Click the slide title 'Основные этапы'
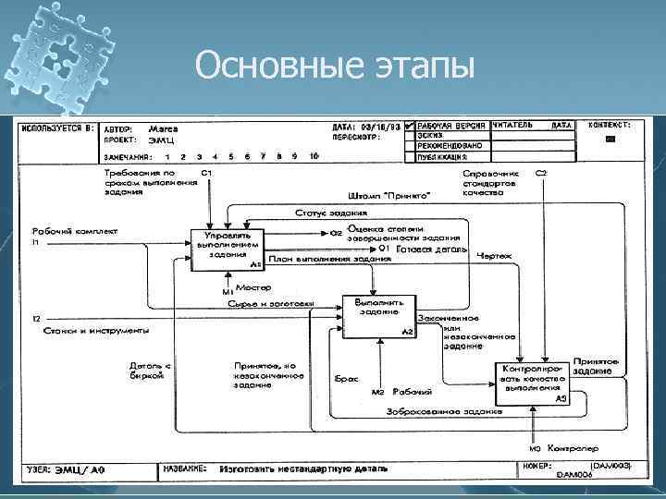335,67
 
